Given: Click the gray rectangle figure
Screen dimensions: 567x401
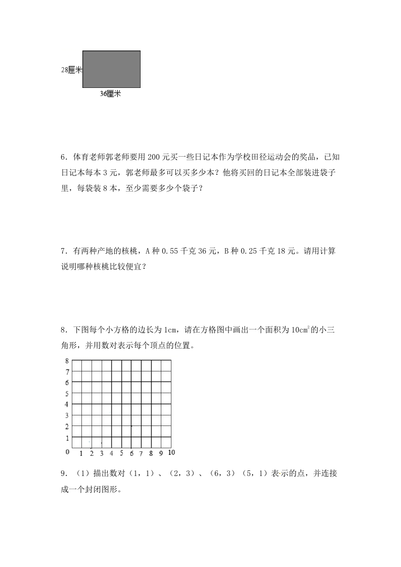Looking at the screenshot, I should tap(111, 69).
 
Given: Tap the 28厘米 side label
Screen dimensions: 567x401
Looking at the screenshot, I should tap(71, 70).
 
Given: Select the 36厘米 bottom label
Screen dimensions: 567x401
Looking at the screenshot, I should tap(110, 93).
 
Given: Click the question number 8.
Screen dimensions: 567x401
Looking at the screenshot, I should tap(63, 330).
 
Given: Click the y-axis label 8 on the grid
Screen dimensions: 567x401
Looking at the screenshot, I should tap(66, 361).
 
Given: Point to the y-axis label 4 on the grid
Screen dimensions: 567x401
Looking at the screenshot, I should tap(66, 404).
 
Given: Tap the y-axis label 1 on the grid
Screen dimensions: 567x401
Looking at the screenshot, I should tap(66, 437).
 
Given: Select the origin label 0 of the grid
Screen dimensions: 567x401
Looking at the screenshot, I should tap(66, 451).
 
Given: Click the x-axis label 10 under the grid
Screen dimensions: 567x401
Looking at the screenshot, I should tap(171, 452).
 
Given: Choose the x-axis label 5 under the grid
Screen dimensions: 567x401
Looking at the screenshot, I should tap(121, 453).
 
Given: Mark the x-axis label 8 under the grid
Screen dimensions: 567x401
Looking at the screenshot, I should tap(151, 453).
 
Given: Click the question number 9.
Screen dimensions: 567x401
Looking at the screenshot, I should tap(63, 474).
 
